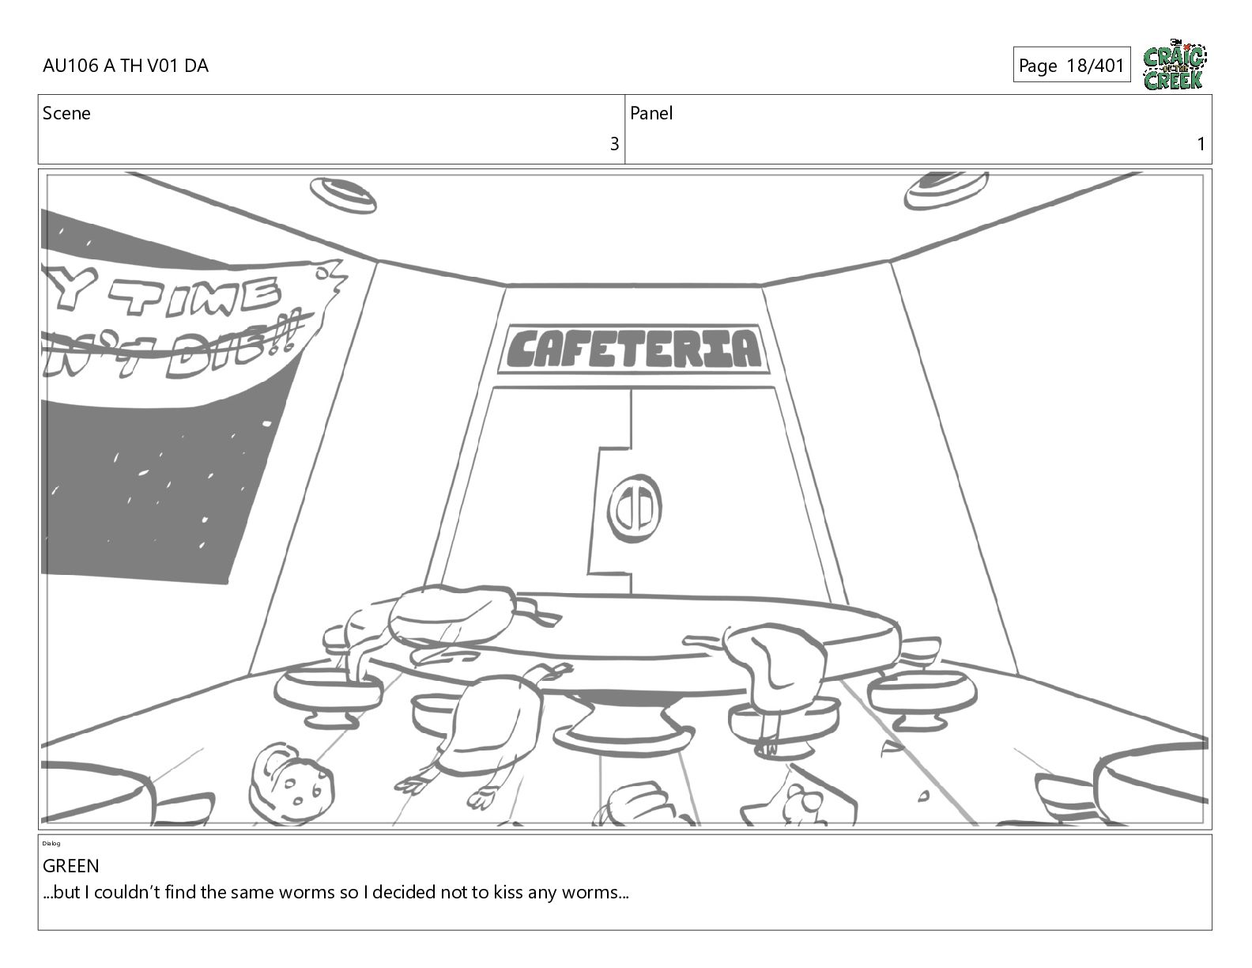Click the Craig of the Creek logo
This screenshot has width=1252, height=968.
[x=1174, y=66]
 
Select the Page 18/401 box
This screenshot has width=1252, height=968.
[x=1071, y=65]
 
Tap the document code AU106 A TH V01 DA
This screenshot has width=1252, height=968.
[x=126, y=66]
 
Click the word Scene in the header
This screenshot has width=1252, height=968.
[x=66, y=113]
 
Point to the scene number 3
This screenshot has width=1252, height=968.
[x=613, y=144]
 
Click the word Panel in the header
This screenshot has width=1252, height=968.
[x=651, y=113]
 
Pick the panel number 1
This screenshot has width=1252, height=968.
[x=1201, y=144]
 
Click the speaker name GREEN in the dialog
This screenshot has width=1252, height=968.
[x=71, y=866]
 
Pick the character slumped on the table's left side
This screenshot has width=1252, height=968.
[x=443, y=617]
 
